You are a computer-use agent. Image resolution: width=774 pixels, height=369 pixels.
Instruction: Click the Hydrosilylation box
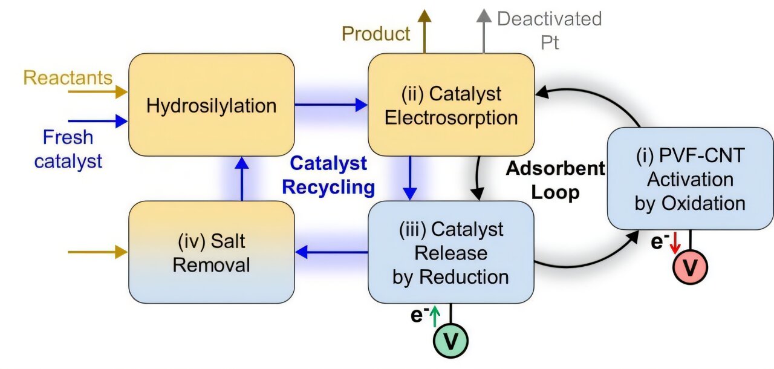click(212, 106)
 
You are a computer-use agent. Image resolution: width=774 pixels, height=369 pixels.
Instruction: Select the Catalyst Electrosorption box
click(451, 105)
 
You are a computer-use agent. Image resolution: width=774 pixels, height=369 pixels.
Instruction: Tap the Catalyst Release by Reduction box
click(451, 252)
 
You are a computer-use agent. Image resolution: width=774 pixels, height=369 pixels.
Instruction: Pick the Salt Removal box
click(212, 252)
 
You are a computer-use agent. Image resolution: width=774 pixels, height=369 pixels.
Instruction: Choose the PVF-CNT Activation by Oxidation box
click(690, 178)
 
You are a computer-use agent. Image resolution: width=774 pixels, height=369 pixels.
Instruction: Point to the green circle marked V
click(451, 341)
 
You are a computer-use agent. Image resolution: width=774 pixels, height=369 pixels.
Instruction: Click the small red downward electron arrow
click(675, 243)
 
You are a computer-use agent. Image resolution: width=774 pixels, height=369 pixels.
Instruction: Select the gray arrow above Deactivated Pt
click(483, 30)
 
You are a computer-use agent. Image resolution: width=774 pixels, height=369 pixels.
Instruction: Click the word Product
click(376, 34)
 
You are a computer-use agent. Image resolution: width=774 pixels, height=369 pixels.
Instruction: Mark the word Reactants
click(68, 77)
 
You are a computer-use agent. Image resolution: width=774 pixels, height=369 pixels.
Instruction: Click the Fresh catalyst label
click(68, 149)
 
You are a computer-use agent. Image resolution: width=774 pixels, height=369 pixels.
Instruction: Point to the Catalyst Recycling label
click(328, 175)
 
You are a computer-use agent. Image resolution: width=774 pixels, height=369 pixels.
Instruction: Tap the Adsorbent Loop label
click(555, 180)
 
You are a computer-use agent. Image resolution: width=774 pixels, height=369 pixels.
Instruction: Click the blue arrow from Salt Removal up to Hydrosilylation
click(241, 178)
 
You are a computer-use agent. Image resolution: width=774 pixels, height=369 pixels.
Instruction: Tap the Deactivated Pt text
click(549, 30)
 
